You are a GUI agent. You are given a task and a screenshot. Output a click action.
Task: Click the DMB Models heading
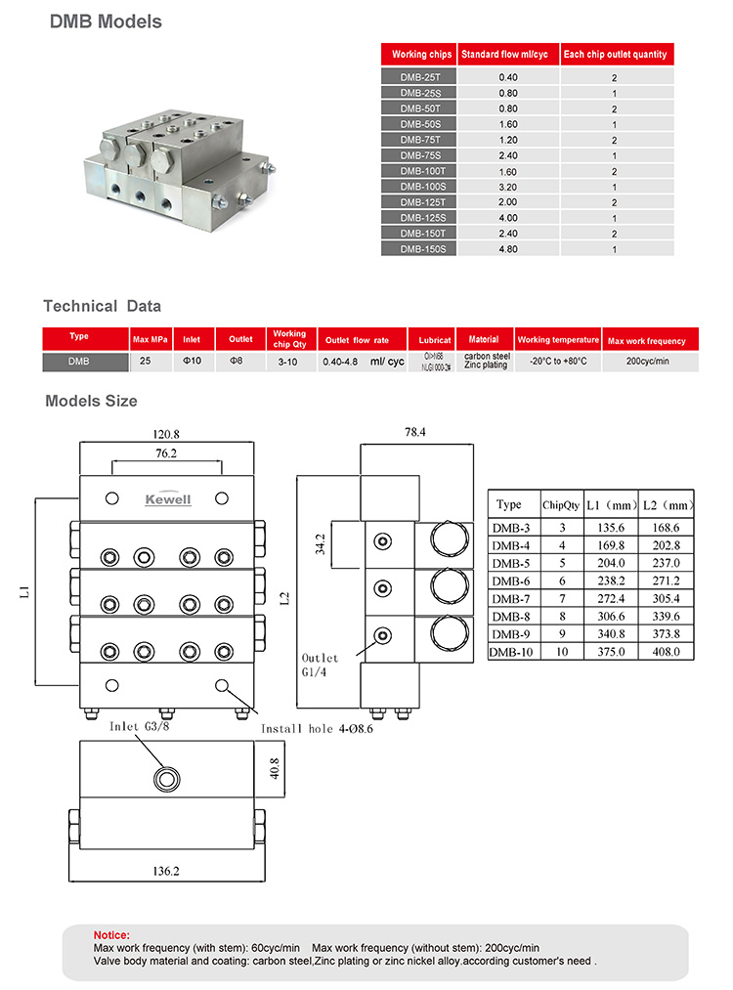point(106,21)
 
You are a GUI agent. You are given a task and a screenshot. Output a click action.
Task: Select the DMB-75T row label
point(421,140)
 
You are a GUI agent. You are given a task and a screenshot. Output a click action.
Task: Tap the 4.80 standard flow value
point(508,249)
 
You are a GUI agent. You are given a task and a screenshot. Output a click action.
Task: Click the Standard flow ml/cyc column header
point(508,55)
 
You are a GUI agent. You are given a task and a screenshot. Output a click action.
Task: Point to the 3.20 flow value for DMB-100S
point(508,187)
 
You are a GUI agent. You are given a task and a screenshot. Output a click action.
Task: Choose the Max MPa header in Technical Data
point(151,340)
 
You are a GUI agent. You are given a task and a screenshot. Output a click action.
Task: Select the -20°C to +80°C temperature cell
point(558,362)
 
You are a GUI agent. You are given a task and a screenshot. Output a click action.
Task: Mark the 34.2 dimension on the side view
point(321,543)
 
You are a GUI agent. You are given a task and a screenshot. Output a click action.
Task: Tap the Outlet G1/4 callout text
point(322,665)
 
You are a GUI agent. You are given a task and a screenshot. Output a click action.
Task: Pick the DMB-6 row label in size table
point(511,581)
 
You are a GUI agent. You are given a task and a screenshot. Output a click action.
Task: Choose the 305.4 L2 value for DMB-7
point(668,598)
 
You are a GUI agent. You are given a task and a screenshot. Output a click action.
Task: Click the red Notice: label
point(110,935)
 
